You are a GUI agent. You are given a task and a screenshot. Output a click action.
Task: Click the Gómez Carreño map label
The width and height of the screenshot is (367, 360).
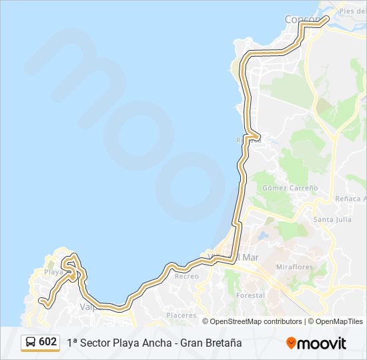(x=290, y=188)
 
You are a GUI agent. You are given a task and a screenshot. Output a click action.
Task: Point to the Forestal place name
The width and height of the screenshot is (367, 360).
(x=250, y=295)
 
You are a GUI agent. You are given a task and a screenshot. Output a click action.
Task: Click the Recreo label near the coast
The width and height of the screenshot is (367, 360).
(x=186, y=276)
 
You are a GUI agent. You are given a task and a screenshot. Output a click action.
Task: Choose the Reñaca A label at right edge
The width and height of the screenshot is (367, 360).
(x=352, y=199)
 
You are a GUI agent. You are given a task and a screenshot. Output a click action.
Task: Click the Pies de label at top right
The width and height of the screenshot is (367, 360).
(x=352, y=11)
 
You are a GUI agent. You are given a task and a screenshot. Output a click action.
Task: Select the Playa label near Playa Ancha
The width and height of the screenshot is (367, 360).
(x=53, y=272)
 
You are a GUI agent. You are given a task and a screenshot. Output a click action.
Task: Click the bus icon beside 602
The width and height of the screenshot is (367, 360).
(x=31, y=342)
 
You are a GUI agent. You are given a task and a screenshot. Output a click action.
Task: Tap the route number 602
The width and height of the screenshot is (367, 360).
(x=48, y=342)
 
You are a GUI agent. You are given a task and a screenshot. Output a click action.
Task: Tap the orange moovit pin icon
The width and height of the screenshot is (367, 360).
(x=291, y=343)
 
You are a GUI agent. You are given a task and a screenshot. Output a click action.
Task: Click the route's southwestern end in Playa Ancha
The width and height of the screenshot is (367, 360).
(x=42, y=301)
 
